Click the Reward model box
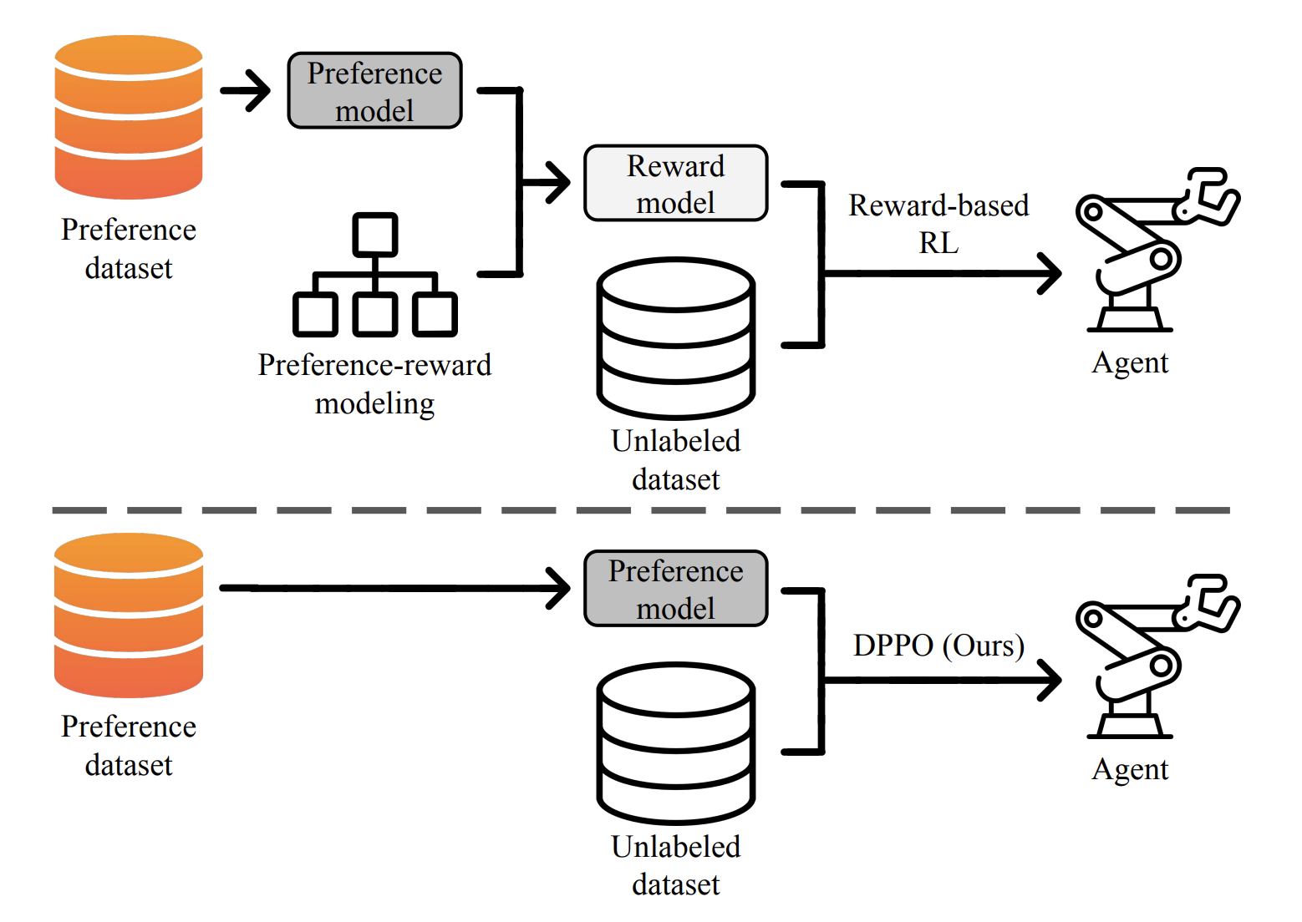tap(675, 184)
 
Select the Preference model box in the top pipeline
tap(374, 91)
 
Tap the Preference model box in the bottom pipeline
tap(675, 589)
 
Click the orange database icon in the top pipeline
tap(129, 117)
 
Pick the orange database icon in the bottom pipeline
tap(129, 616)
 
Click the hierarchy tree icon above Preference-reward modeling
tap(374, 276)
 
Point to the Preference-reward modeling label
tap(374, 384)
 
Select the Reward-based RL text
tap(938, 224)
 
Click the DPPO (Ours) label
tap(938, 646)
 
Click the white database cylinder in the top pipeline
tap(675, 338)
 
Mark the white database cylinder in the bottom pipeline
tap(675, 743)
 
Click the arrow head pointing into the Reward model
tap(557, 183)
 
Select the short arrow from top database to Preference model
tap(247, 90)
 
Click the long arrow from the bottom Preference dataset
tap(393, 588)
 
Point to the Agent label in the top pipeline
tap(1130, 363)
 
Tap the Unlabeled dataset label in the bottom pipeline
tap(675, 865)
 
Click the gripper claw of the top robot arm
tap(1212, 196)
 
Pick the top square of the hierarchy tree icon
tap(374, 235)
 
